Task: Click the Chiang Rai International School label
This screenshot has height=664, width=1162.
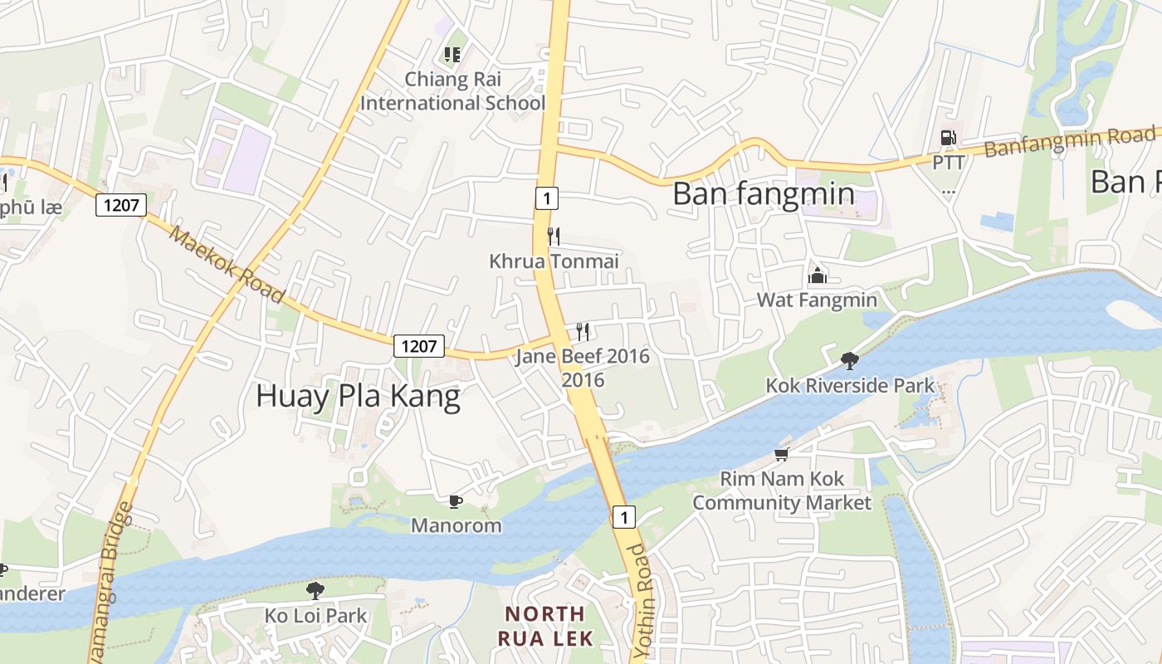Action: (452, 91)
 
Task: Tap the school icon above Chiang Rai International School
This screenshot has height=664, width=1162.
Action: (452, 55)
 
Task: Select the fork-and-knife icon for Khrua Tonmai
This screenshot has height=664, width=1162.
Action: (554, 237)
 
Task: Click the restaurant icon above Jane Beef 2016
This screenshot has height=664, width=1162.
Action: (583, 332)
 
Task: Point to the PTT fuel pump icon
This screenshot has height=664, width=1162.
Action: (948, 138)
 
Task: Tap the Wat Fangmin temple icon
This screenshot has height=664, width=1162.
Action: (818, 276)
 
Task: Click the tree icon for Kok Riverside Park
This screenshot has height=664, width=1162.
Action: (849, 360)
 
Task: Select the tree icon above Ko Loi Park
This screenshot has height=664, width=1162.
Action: (315, 590)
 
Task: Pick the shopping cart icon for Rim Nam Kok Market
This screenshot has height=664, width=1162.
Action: (781, 454)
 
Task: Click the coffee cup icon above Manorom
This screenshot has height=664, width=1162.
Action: (456, 500)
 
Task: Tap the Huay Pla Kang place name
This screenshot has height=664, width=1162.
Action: (358, 396)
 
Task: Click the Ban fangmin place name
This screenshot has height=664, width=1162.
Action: (763, 193)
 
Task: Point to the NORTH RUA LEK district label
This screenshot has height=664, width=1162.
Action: (545, 626)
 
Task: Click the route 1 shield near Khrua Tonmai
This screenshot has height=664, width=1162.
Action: (545, 198)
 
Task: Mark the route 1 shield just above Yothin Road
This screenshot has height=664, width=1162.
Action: (623, 517)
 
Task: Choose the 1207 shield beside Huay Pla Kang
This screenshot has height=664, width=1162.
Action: (418, 346)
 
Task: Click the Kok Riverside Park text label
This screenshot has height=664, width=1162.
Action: (850, 386)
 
